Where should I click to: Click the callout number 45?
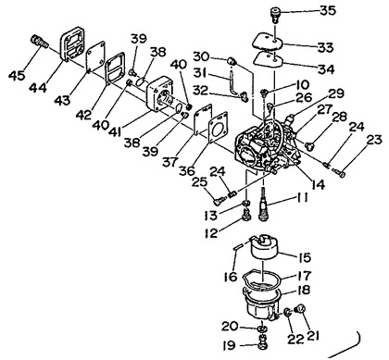pos(17,75)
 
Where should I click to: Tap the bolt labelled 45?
pos(40,42)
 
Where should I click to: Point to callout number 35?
pos(328,10)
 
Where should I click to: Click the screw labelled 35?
pos(275,14)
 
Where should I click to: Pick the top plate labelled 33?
pos(269,42)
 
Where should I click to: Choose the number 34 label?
pos(326,69)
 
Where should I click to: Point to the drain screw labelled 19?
pos(262,341)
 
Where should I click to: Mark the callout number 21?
pos(312,336)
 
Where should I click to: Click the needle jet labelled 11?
pos(263,205)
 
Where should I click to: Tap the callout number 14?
pos(318,184)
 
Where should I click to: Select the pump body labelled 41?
pos(160,95)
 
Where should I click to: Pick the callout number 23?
pos(373,141)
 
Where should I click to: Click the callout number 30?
pos(201,56)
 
